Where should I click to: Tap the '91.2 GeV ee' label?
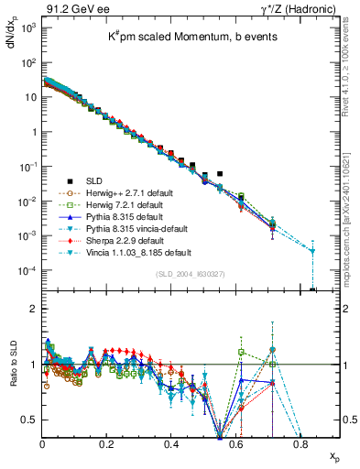coord(71,7)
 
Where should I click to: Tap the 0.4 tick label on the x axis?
coord(171,445)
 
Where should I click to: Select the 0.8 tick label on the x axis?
coord(300,445)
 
